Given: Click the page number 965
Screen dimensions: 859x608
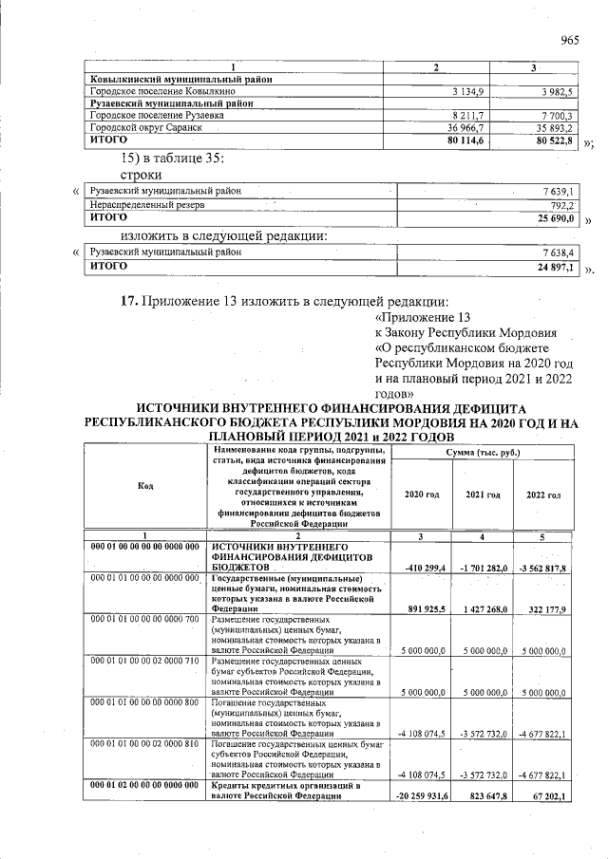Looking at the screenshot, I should point(570,39).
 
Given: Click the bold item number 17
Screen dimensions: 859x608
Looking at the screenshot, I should point(129,302).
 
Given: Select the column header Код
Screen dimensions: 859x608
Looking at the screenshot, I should point(145,486).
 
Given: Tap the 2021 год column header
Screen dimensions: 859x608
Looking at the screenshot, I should point(483,495).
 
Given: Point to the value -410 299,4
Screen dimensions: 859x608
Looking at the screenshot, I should point(421,567).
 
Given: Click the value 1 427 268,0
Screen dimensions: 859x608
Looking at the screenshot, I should point(483,607).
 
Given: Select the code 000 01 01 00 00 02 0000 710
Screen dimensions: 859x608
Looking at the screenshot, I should point(145,659).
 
